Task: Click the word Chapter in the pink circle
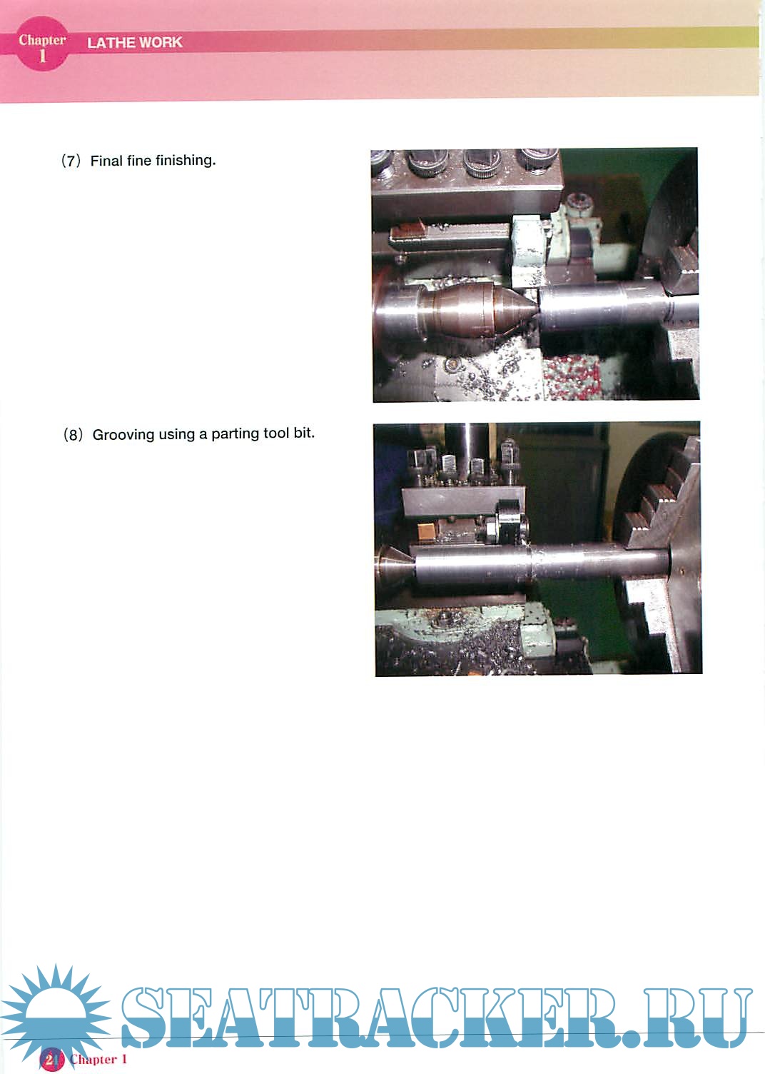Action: pyautogui.click(x=42, y=40)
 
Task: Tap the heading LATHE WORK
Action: pyautogui.click(x=135, y=42)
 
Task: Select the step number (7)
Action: pyautogui.click(x=71, y=161)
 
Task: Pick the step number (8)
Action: pyautogui.click(x=74, y=435)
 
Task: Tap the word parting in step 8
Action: pyautogui.click(x=235, y=434)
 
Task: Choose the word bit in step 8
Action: pyautogui.click(x=303, y=433)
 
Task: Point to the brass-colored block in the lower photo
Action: pyautogui.click(x=425, y=531)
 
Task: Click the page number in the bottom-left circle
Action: pyautogui.click(x=51, y=1059)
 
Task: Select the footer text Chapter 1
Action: pyautogui.click(x=98, y=1059)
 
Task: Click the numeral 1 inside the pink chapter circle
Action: pyautogui.click(x=42, y=56)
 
